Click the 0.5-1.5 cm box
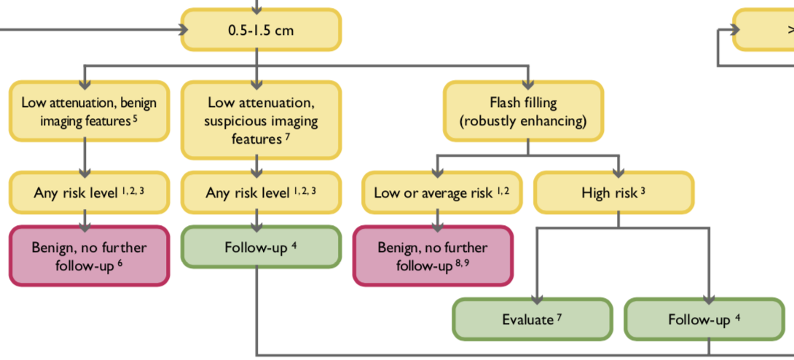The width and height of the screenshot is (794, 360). pos(260,30)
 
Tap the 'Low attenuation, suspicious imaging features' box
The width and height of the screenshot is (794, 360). pos(260,120)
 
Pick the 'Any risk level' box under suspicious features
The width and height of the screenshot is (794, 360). pos(260,192)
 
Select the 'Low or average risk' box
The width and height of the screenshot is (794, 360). pos(441,192)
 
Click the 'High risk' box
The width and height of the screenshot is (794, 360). pos(613,192)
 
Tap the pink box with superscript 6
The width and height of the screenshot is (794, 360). pos(88,255)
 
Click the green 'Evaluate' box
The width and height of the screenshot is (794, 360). pos(532,319)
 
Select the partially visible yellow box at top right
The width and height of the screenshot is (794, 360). pos(764,30)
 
